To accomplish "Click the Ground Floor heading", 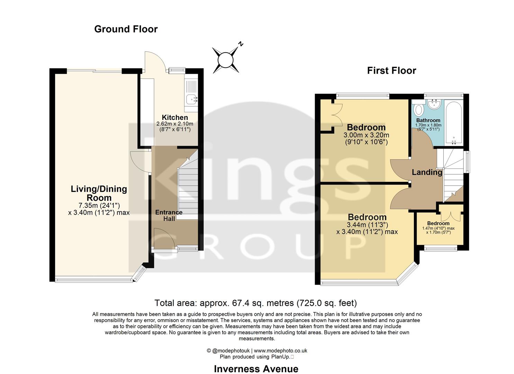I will (x=126, y=29).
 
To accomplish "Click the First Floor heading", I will (x=391, y=71).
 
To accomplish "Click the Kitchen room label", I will (x=175, y=118).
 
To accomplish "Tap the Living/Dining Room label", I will (x=99, y=193).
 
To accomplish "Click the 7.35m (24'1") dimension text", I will (x=99, y=205).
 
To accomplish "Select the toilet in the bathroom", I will (x=418, y=109).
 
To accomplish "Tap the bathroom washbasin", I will (x=433, y=104).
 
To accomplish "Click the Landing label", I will (x=427, y=172).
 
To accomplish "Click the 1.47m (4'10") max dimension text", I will (x=438, y=229).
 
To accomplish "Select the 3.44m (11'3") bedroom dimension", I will (x=367, y=225).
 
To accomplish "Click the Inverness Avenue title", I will (x=256, y=369).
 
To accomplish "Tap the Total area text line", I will (x=255, y=303).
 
